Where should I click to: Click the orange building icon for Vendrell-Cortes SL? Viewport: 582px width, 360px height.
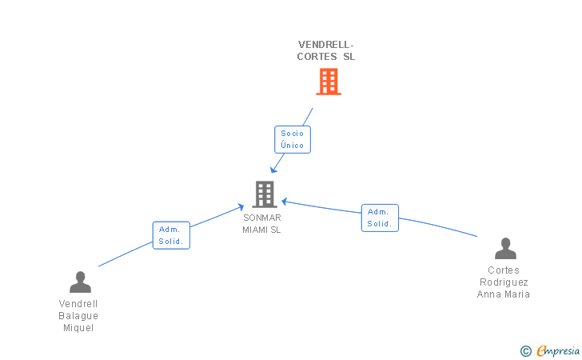click(x=329, y=82)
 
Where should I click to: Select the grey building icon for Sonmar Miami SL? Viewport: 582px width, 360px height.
click(x=265, y=194)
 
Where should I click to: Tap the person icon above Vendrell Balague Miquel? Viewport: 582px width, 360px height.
click(x=80, y=282)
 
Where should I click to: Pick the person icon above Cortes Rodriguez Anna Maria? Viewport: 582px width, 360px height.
click(x=505, y=249)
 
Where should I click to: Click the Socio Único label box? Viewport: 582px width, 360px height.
click(x=292, y=140)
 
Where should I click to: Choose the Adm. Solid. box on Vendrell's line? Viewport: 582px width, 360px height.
click(x=171, y=235)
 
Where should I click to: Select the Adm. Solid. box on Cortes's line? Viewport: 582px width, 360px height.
click(x=380, y=218)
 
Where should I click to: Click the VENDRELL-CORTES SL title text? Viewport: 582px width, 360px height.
click(x=326, y=50)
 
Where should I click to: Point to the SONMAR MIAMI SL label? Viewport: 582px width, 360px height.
click(x=262, y=223)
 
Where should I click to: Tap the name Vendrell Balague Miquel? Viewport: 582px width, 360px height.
click(x=78, y=316)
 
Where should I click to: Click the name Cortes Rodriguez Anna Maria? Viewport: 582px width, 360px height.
click(x=504, y=282)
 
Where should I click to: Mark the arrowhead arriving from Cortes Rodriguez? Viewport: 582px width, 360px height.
click(x=284, y=201)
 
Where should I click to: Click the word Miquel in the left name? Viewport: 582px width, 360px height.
click(x=78, y=328)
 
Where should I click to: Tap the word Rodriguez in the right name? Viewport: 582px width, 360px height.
click(x=504, y=282)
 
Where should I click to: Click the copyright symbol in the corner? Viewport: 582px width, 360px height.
click(x=525, y=350)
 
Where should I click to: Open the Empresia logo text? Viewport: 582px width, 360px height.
click(x=558, y=350)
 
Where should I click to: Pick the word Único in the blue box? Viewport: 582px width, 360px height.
click(x=292, y=146)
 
